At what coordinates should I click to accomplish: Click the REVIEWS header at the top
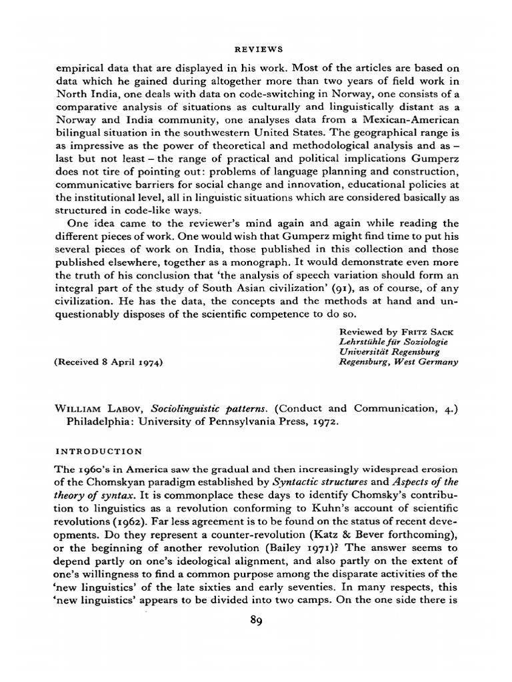256,49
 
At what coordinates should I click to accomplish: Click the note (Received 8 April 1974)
109,362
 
